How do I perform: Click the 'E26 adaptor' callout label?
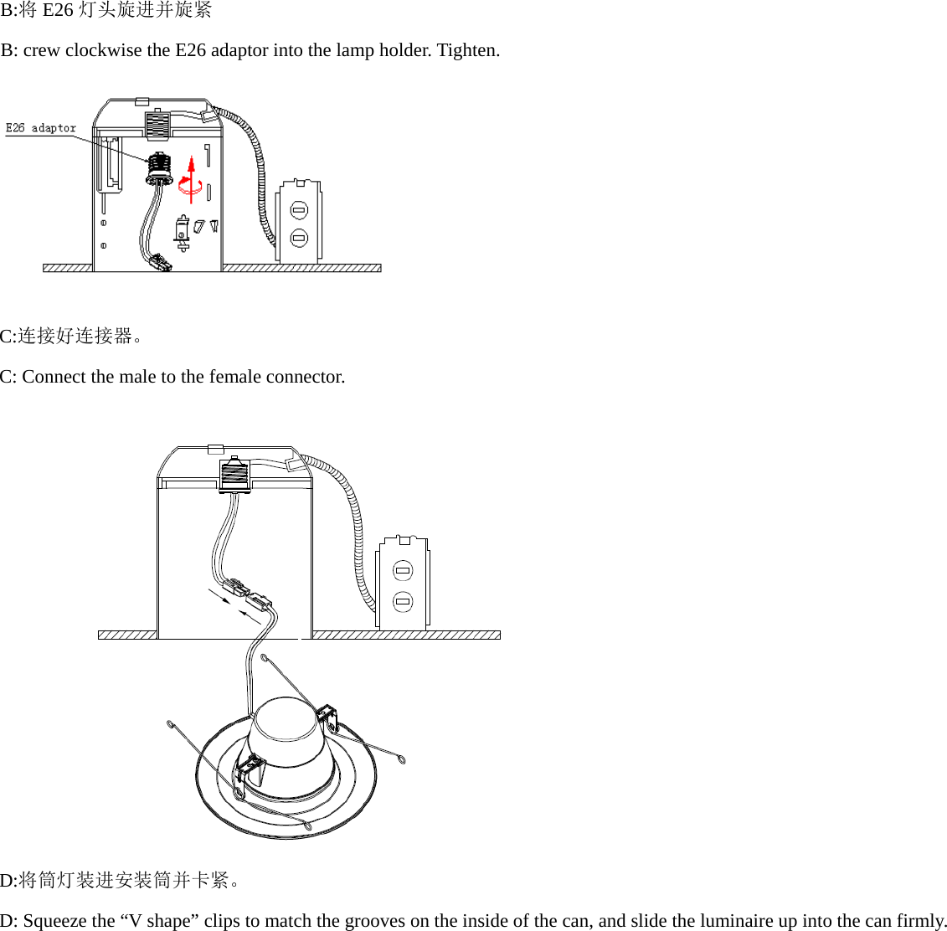(41, 128)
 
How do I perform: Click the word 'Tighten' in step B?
(467, 50)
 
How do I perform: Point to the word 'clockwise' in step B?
(104, 50)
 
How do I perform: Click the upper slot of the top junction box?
(299, 209)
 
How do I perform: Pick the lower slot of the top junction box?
(299, 238)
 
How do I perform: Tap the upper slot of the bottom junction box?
(403, 571)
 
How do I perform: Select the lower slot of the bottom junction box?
(403, 601)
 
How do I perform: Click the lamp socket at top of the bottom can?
(234, 476)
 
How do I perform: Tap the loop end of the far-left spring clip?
(171, 723)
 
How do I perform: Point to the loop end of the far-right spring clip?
(403, 761)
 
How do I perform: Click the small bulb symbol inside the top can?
(182, 232)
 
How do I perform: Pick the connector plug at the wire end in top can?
(160, 264)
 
